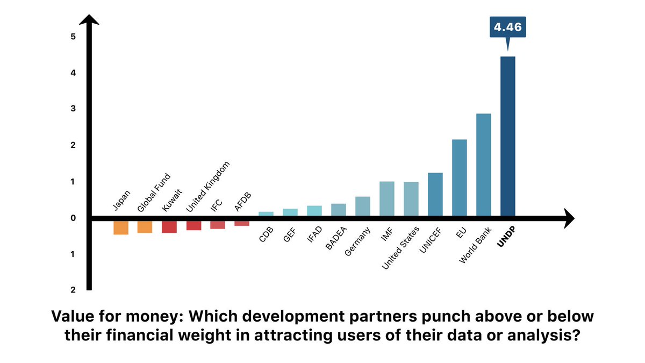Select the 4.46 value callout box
(x=507, y=26)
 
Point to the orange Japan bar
(x=121, y=227)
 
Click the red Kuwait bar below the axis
(x=169, y=226)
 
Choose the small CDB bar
(x=266, y=213)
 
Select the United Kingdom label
(x=207, y=187)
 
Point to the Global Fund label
(x=154, y=192)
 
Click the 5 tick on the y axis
(x=73, y=37)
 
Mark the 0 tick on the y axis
(x=73, y=218)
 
